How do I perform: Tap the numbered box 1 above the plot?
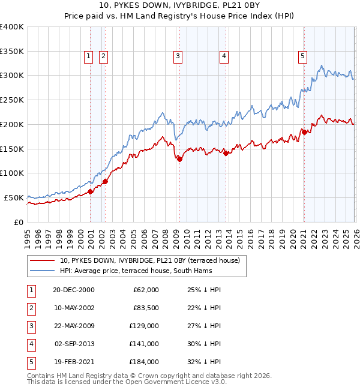tap(88, 57)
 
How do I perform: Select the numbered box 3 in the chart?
tap(178, 57)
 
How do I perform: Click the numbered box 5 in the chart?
tap(302, 57)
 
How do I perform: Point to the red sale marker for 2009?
tap(179, 159)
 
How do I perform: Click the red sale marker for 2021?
tap(304, 132)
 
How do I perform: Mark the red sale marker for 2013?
tap(226, 153)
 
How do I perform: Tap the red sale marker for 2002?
tap(104, 181)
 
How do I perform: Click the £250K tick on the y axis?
tap(11, 100)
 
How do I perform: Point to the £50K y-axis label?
tap(13, 197)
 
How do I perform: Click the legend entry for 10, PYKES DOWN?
tap(149, 260)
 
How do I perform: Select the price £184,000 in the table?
tap(145, 362)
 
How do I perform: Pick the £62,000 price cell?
tap(146, 289)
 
